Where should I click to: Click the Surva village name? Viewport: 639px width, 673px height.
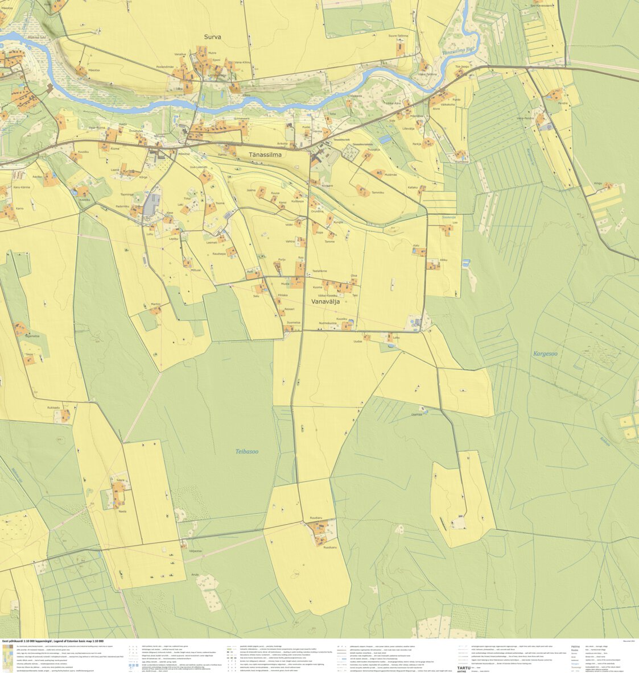click(212, 37)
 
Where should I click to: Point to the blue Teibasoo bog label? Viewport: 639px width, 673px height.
click(247, 452)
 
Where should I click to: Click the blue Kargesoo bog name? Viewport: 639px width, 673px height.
click(545, 354)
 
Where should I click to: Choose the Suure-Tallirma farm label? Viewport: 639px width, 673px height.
click(398, 36)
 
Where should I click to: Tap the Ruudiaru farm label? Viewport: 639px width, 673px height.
click(316, 518)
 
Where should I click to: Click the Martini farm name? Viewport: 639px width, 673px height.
click(156, 304)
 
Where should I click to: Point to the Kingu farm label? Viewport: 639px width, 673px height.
click(598, 183)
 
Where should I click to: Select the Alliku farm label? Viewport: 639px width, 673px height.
click(444, 260)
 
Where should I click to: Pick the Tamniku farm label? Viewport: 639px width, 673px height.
click(378, 193)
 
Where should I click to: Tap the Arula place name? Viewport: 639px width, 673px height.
click(195, 574)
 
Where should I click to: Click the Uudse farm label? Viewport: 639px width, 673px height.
click(357, 341)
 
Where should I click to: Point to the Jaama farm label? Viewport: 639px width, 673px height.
click(251, 190)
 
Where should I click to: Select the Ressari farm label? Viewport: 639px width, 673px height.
click(290, 309)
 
